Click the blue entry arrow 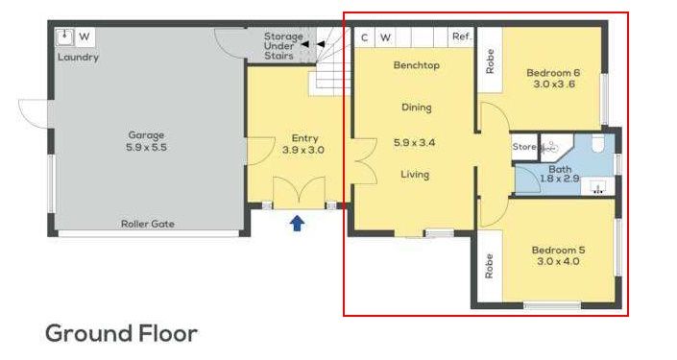point(297,224)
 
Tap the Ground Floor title point(121,334)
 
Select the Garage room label point(146,135)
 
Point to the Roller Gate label point(148,224)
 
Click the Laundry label point(78,58)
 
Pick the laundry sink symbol point(65,36)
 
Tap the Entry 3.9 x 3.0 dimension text point(303,150)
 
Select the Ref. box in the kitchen point(462,37)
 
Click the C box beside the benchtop point(365,37)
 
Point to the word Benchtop point(417,65)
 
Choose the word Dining point(417,108)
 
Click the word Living point(415,175)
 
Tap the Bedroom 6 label point(553,73)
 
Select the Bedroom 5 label point(559,250)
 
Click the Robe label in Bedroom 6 point(490,61)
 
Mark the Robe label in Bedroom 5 point(489,266)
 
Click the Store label point(524,147)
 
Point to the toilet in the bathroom point(598,144)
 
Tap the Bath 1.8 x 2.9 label point(560,174)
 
